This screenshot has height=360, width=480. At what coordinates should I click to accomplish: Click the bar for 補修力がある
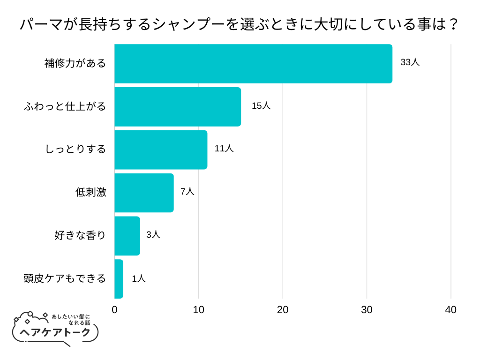pyautogui.click(x=253, y=64)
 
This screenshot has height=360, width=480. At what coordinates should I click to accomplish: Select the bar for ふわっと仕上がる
pyautogui.click(x=178, y=107)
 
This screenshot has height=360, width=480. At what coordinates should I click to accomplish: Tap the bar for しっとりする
pyautogui.click(x=161, y=150)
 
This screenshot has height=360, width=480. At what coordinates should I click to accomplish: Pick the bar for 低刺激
pyautogui.click(x=144, y=193)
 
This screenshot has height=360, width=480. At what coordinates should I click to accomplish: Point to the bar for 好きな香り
pyautogui.click(x=127, y=236)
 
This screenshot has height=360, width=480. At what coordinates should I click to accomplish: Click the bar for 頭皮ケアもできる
pyautogui.click(x=119, y=279)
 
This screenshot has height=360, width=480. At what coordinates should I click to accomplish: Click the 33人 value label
pyautogui.click(x=410, y=62)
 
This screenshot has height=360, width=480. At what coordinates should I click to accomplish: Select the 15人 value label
pyautogui.click(x=261, y=105)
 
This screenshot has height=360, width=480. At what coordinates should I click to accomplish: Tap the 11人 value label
pyautogui.click(x=224, y=149)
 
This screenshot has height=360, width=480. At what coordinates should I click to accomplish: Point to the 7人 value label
pyautogui.click(x=187, y=191)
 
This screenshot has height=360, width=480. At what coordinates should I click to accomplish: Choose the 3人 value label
pyautogui.click(x=153, y=234)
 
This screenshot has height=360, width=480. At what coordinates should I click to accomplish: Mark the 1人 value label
pyautogui.click(x=139, y=278)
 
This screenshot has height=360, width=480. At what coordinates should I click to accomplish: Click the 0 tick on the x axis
pyautogui.click(x=115, y=310)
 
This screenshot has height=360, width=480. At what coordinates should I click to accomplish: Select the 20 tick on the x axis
pyautogui.click(x=283, y=310)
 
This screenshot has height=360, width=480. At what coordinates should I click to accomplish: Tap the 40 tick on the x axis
pyautogui.click(x=450, y=310)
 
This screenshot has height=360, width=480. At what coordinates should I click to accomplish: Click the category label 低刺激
pyautogui.click(x=91, y=192)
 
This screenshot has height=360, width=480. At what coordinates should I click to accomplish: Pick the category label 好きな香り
pyautogui.click(x=81, y=235)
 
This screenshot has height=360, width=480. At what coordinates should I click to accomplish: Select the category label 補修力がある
pyautogui.click(x=75, y=63)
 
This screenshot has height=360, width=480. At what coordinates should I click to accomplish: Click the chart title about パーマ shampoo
pyautogui.click(x=239, y=24)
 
